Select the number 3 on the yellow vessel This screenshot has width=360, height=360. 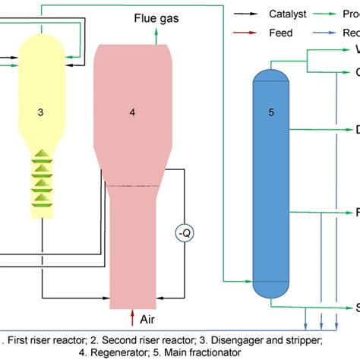(40, 112)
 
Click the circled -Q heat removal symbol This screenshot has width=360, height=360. (183, 231)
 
